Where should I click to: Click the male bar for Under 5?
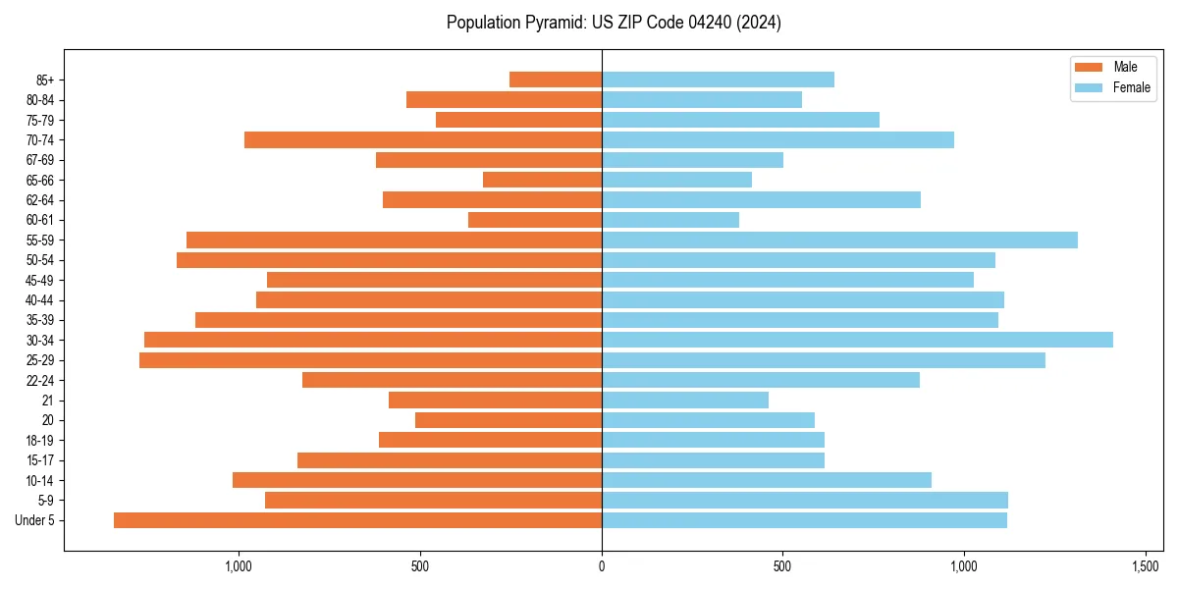pyautogui.click(x=357, y=520)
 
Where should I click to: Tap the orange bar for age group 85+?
pyautogui.click(x=556, y=80)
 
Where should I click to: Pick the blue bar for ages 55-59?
pyautogui.click(x=839, y=240)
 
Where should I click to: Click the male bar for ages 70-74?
pyautogui.click(x=423, y=139)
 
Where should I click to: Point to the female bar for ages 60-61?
pyautogui.click(x=670, y=220)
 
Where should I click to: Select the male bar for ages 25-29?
pyautogui.click(x=370, y=360)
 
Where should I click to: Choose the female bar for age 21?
pyautogui.click(x=685, y=400)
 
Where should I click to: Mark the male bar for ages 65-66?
pyautogui.click(x=542, y=180)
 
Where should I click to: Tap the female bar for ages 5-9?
pyautogui.click(x=805, y=500)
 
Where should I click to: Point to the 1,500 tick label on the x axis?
pyautogui.click(x=1146, y=566)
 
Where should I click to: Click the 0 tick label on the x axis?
pyautogui.click(x=602, y=566)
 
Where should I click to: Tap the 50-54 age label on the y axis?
pyautogui.click(x=40, y=260)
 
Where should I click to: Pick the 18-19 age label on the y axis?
pyautogui.click(x=40, y=440)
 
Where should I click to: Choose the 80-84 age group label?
pyautogui.click(x=40, y=100)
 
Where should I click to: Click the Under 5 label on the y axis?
pyautogui.click(x=34, y=520)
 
